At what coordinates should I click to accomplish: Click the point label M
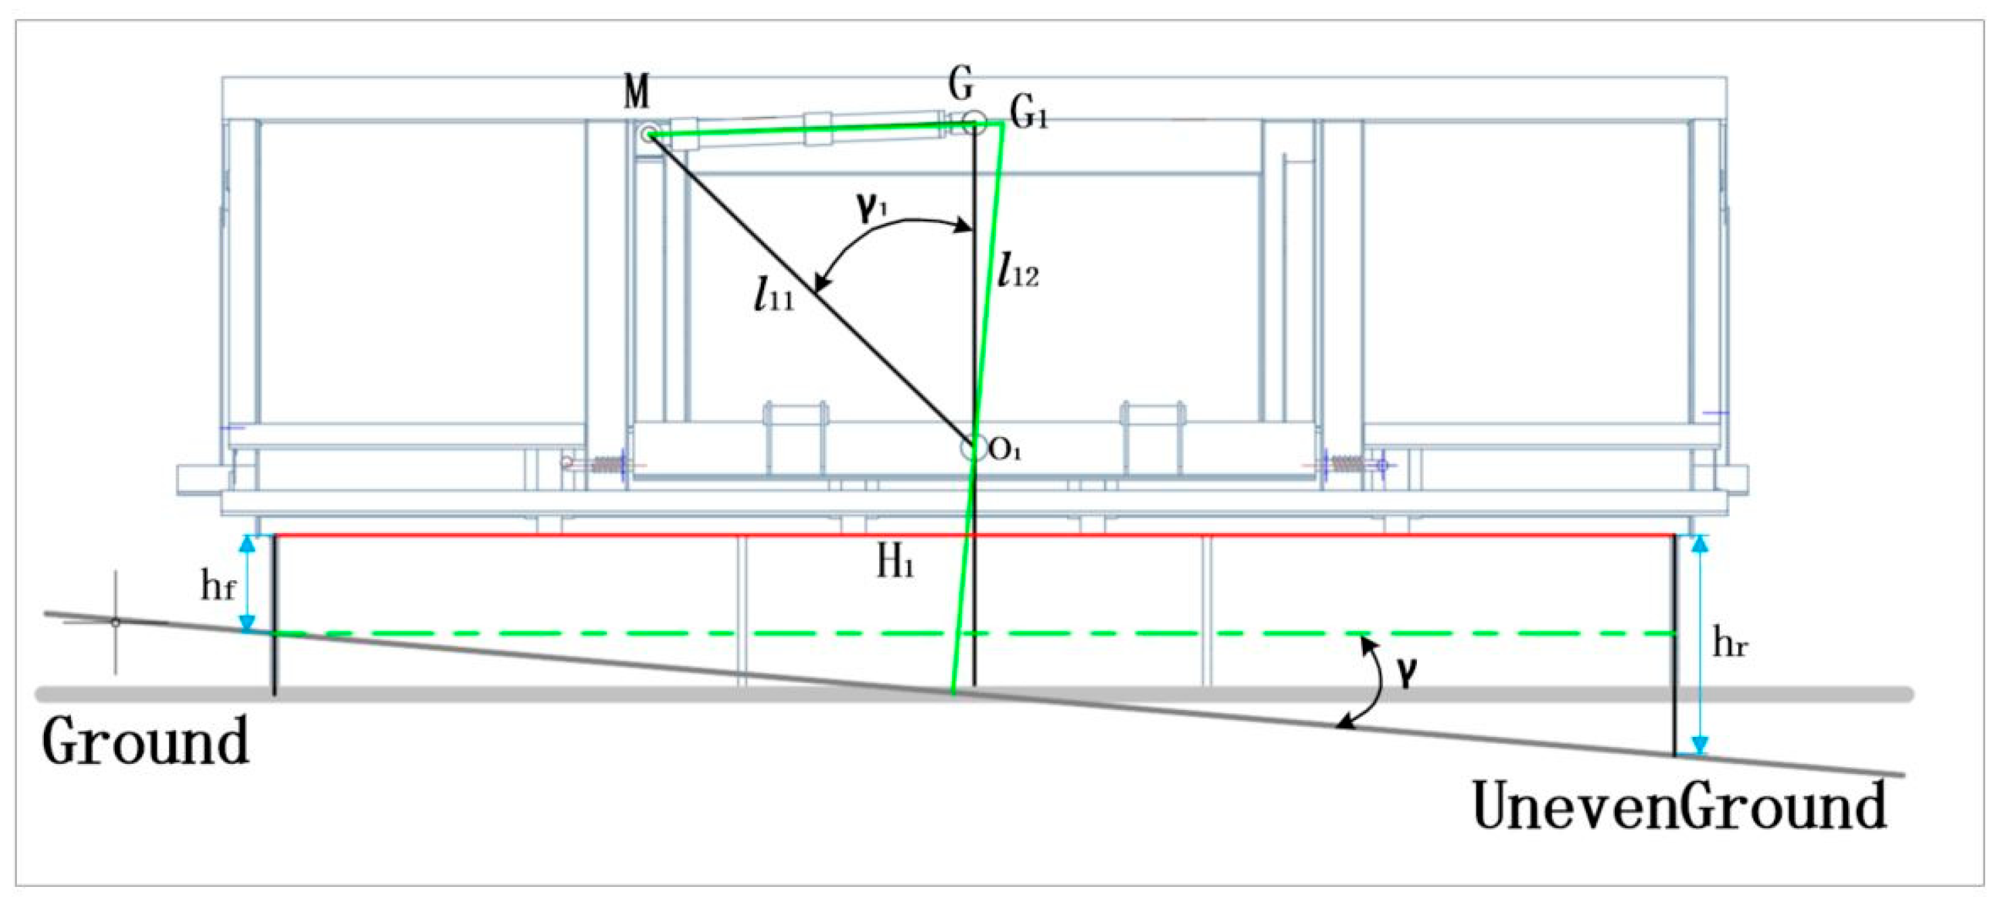(637, 93)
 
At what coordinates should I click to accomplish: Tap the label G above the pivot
(961, 84)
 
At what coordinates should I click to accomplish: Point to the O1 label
(1005, 451)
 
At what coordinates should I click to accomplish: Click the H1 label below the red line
(895, 563)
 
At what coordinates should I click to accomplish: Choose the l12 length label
(1018, 271)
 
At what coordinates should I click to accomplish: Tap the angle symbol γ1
(870, 207)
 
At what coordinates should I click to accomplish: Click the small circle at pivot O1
(972, 448)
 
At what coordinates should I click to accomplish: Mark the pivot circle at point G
(974, 122)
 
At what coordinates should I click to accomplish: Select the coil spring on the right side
(1347, 464)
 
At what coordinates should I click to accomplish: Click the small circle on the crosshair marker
(116, 622)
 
